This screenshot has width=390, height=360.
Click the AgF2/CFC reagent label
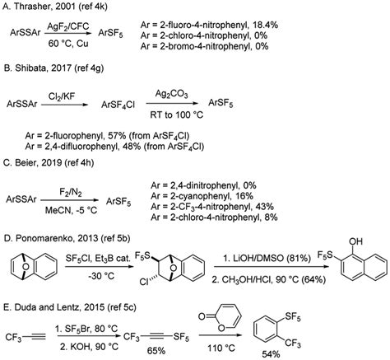pos(68,27)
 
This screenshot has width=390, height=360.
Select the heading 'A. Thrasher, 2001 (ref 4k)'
pos(55,7)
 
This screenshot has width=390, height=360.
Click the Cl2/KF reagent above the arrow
pos(62,97)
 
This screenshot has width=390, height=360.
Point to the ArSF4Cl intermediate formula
pos(118,105)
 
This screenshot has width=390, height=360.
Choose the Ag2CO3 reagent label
pos(172,95)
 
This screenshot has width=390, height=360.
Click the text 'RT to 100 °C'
pos(177,115)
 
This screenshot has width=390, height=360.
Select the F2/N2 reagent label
pos(71,193)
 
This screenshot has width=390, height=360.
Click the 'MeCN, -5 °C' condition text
pos(71,210)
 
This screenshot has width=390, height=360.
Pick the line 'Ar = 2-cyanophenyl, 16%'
pos(202,196)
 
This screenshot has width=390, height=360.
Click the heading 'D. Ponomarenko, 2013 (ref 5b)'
pos(67,238)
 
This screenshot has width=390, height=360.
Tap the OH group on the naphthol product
pos(355,241)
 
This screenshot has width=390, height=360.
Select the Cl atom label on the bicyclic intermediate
pos(144,282)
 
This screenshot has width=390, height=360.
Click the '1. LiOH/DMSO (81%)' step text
pos(267,258)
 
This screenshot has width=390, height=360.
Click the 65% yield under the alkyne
pos(156,351)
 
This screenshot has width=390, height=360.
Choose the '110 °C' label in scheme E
pos(221,348)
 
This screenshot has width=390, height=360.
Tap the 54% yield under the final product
pos(271,354)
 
